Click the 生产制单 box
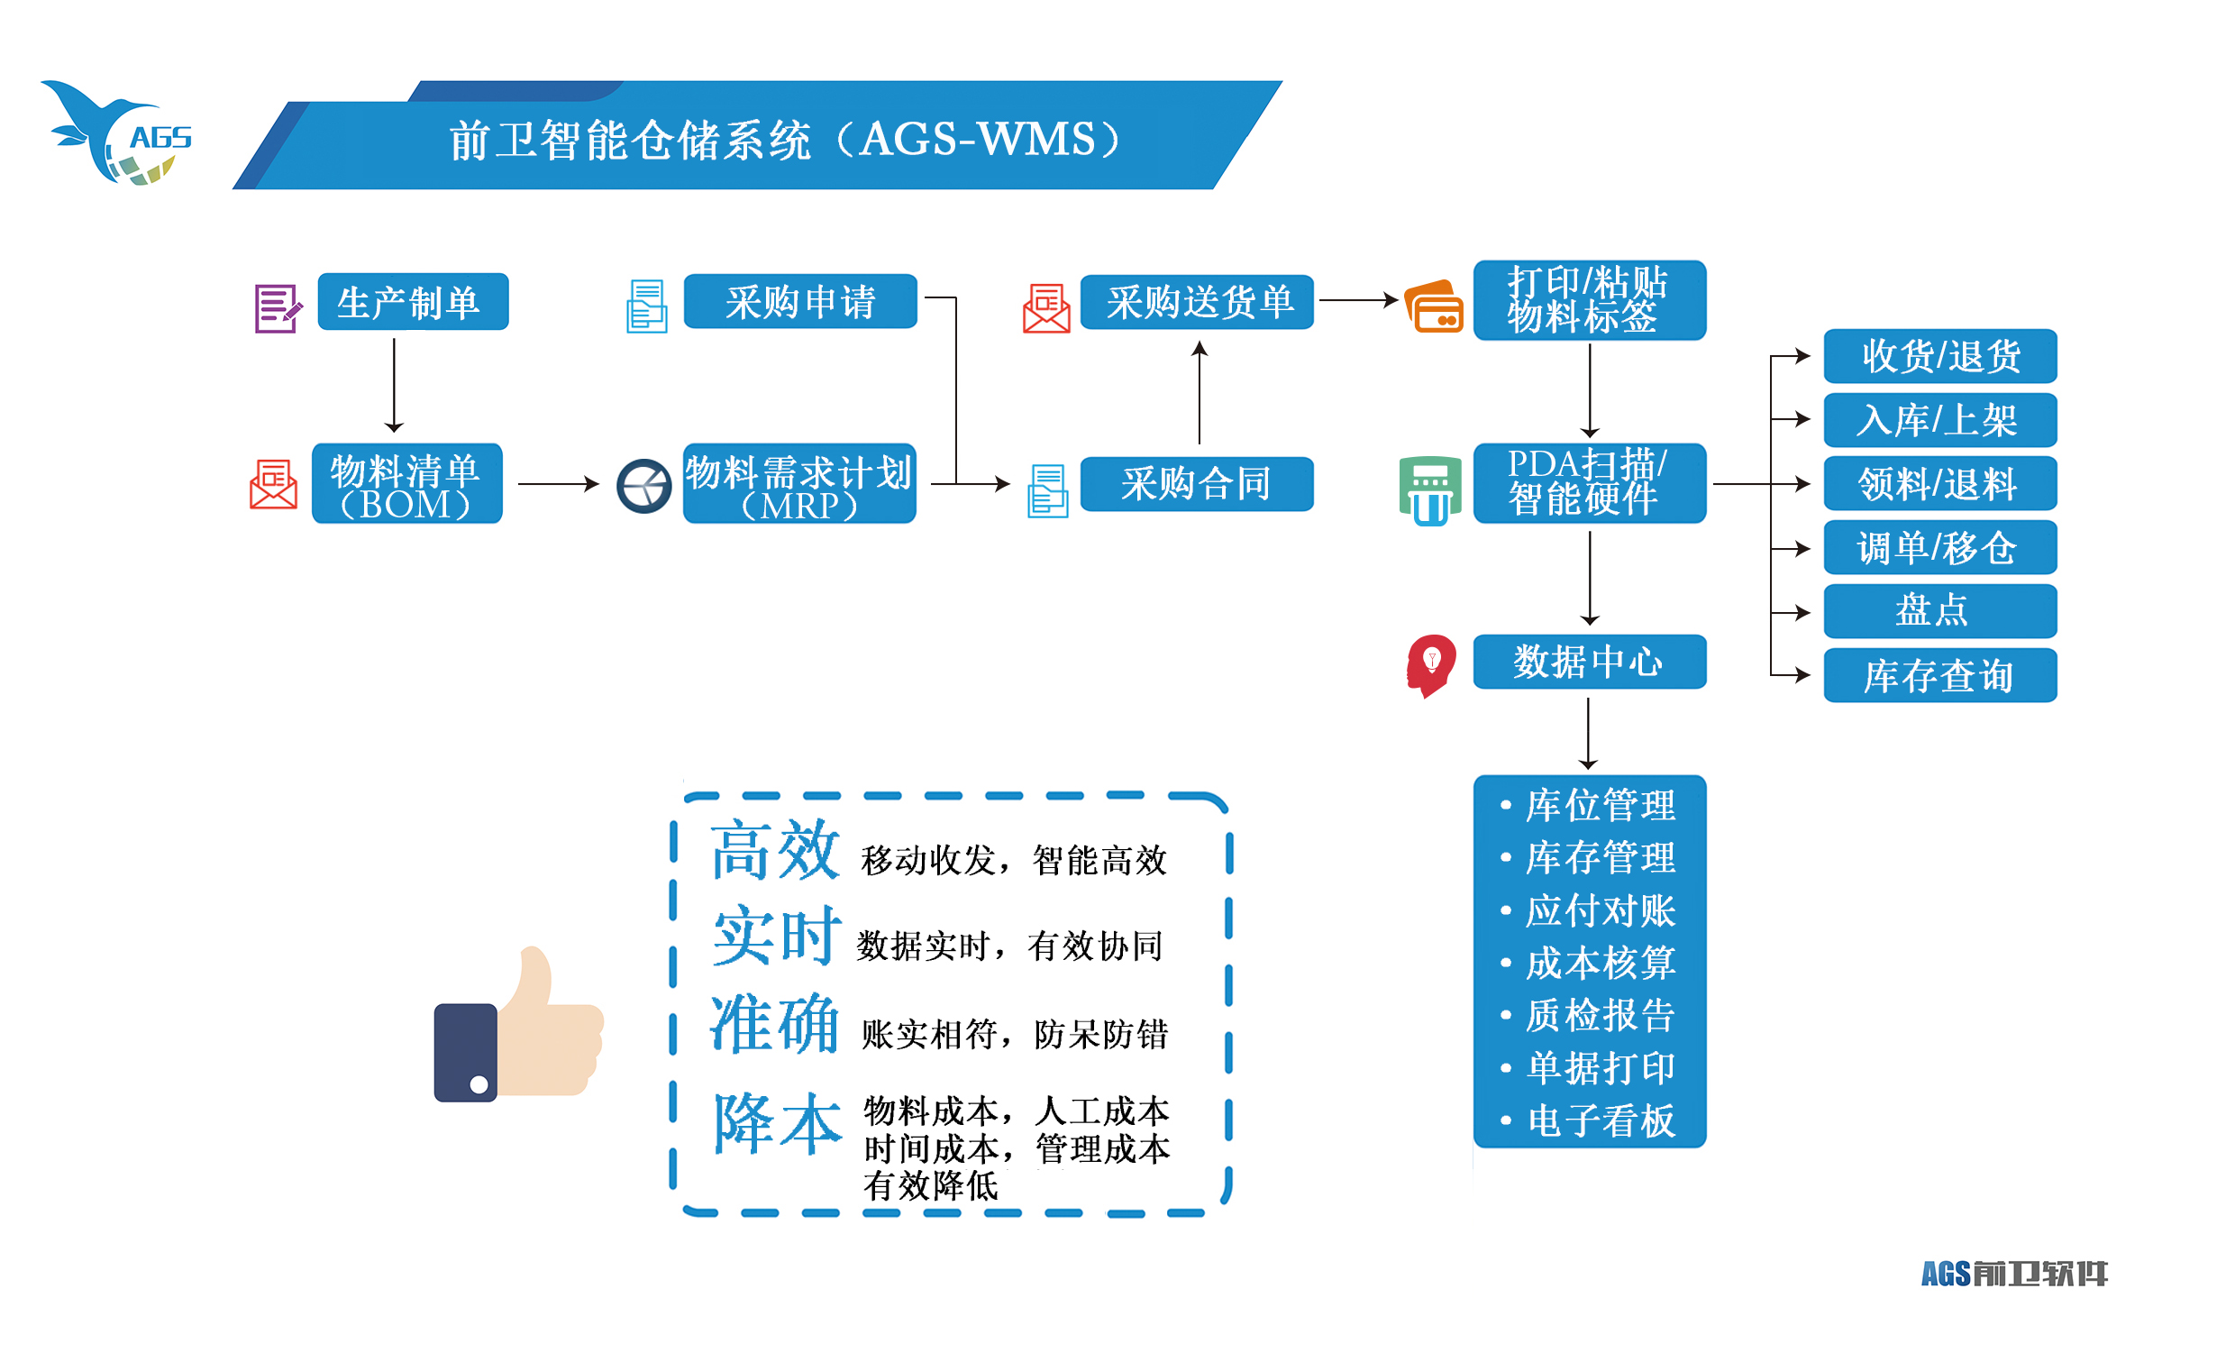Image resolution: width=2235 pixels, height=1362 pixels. (413, 302)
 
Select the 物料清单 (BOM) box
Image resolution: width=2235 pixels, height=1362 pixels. (407, 484)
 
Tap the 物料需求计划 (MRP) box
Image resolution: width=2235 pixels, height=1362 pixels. (799, 484)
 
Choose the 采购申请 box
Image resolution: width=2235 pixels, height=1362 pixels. (800, 301)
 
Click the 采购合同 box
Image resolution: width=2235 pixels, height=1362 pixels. (1197, 484)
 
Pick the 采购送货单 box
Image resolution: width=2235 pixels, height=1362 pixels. (1197, 302)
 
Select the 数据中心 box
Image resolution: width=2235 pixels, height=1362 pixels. (1589, 662)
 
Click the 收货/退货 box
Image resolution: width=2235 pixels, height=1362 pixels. (1939, 356)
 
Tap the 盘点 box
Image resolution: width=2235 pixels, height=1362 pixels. (1939, 610)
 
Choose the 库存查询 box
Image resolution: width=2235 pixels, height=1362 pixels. (1939, 675)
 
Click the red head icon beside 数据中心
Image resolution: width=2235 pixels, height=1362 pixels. (1430, 665)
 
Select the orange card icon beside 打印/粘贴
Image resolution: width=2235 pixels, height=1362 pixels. (1433, 306)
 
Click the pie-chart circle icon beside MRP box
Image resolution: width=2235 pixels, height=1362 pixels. (644, 486)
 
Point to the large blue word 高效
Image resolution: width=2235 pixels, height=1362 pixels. (775, 849)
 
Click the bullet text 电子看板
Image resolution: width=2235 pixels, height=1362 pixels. (1601, 1120)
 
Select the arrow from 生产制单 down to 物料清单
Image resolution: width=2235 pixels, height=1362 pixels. (394, 386)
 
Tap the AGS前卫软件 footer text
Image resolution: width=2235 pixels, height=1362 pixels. (2013, 1274)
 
